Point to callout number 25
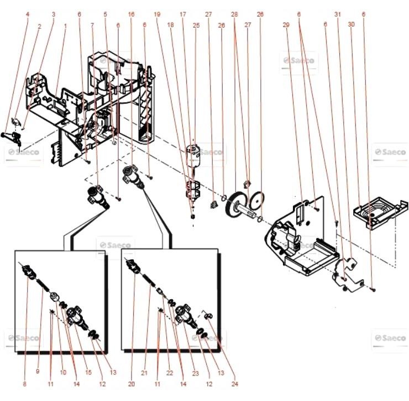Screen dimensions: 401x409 point(196,26)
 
